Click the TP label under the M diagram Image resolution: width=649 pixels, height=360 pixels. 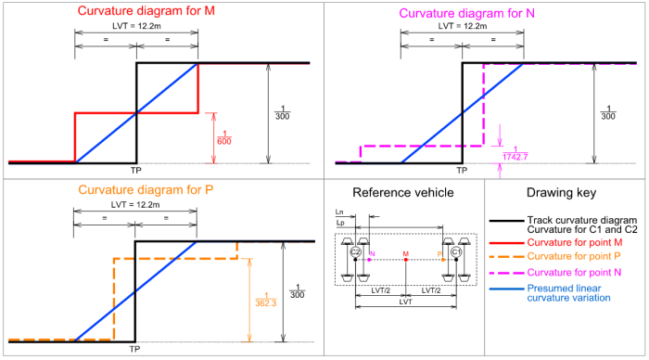coord(135,171)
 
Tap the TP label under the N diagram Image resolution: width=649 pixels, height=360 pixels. coord(461,171)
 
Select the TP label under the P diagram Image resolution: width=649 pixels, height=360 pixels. coord(135,350)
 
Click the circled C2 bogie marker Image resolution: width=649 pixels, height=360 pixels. coord(355,251)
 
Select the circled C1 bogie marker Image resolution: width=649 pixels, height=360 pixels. coord(455,251)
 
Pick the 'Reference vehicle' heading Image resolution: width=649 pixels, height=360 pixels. coord(403,192)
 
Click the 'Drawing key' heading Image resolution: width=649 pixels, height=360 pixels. coord(566,192)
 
